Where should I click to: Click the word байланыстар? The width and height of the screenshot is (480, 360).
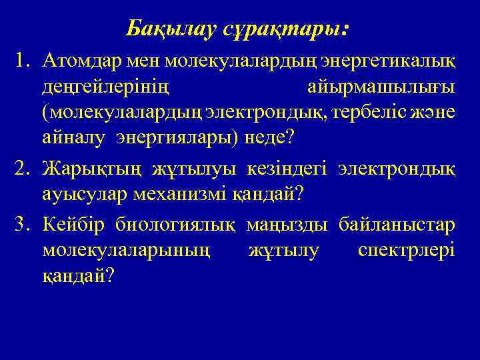[397, 224]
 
